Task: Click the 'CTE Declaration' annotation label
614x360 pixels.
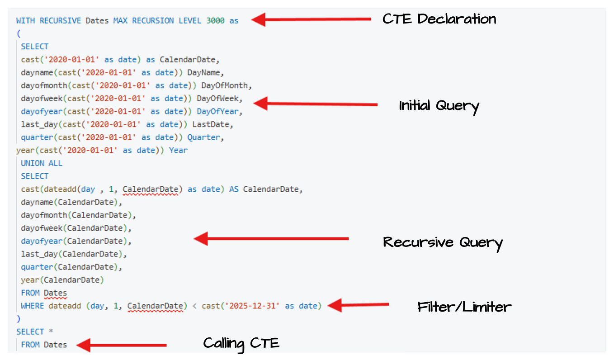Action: click(439, 19)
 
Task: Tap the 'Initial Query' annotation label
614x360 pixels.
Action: click(439, 106)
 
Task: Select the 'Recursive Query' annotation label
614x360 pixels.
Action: click(443, 242)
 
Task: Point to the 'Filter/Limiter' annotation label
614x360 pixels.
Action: click(464, 307)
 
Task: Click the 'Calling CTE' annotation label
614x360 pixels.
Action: click(241, 343)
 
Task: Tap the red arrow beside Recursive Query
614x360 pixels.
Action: click(271, 238)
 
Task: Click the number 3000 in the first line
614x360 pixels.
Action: click(215, 21)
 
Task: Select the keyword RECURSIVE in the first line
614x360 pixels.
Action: click(60, 21)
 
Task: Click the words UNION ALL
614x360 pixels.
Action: click(42, 163)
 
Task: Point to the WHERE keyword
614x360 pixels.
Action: click(33, 306)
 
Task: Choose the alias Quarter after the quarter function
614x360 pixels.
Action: click(203, 137)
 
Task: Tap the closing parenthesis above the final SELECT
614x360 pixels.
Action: click(19, 319)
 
